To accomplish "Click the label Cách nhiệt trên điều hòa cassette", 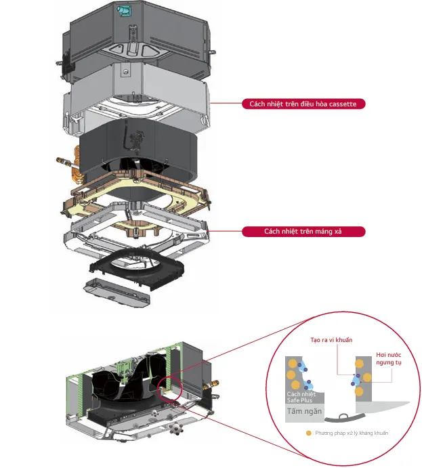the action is coord(303,104).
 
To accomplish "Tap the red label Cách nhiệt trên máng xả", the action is coord(303,232).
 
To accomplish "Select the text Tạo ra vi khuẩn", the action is coord(331,340).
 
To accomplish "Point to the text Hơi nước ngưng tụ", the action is coord(389,358).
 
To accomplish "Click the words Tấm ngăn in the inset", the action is coord(304,411).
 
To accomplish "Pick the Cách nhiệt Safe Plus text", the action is coord(301,397).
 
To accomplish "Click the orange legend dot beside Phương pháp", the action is coord(309,433).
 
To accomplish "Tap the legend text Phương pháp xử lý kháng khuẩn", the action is coord(352,433).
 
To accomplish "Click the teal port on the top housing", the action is coord(123,10).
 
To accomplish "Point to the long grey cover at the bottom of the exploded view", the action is coord(117,292).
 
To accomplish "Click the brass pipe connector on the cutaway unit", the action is coord(211,385).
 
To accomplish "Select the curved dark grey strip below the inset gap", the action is coord(345,418).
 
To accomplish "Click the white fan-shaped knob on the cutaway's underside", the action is coord(176,429).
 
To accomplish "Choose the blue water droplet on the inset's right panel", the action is coord(356,380).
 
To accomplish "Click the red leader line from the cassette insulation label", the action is coord(226,103).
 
